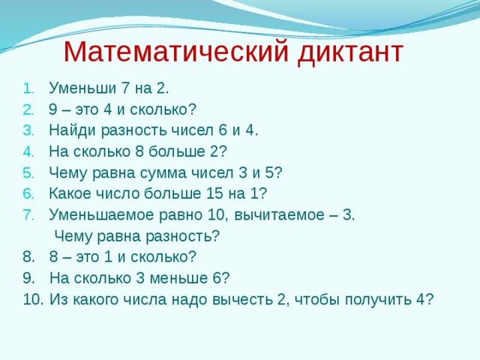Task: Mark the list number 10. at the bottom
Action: (33, 299)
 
